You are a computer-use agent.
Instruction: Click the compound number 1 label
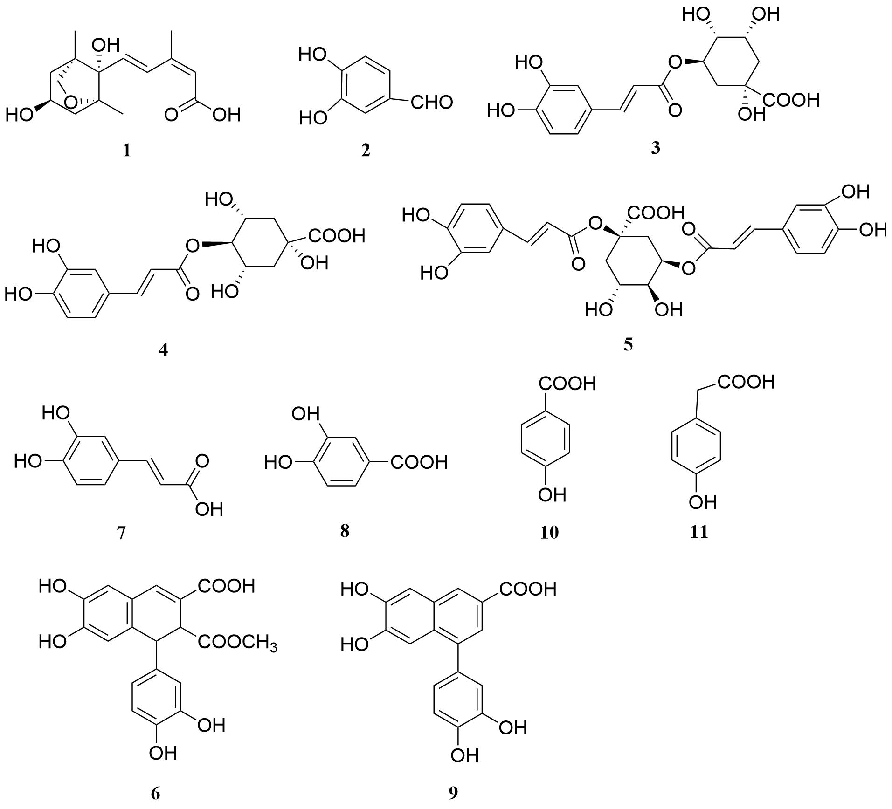point(126,151)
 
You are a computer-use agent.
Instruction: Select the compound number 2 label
point(366,151)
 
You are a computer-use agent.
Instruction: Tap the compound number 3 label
point(656,148)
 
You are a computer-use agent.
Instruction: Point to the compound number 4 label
point(163,350)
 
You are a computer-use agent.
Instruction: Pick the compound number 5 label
point(628,344)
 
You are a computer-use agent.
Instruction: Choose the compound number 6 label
point(155,793)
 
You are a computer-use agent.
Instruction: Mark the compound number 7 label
point(121,533)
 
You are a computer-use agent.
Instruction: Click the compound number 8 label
point(345,530)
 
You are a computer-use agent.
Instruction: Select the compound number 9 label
point(453,793)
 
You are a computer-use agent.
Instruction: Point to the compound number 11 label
point(699,532)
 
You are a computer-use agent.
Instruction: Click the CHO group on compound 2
point(431,103)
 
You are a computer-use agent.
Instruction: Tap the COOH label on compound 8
point(419,462)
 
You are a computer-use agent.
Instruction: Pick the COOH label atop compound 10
point(567,384)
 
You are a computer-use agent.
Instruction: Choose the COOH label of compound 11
point(746,382)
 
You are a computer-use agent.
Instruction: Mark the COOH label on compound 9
point(528,589)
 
